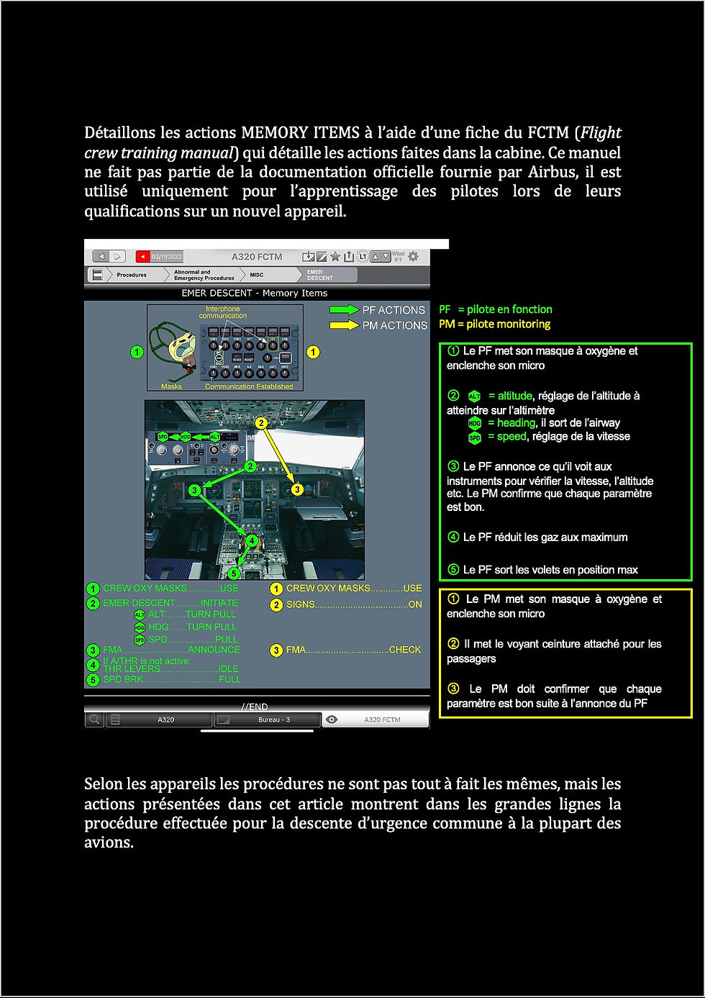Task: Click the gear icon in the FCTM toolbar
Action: pos(413,256)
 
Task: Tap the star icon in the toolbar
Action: pos(335,256)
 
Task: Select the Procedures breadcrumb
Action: pos(131,275)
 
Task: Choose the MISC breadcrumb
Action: pos(257,275)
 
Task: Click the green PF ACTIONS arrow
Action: pos(344,309)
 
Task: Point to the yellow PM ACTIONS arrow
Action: pos(344,325)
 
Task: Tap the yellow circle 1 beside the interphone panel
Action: pos(313,352)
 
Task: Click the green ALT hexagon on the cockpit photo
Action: pos(214,437)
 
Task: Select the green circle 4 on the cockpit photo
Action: pos(252,540)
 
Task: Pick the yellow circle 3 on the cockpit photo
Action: pos(297,489)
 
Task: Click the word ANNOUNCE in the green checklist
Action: pos(214,650)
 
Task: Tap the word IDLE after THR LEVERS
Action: pos(228,668)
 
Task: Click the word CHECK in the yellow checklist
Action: pos(405,650)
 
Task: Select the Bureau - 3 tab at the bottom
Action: pos(274,720)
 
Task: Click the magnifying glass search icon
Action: pos(94,720)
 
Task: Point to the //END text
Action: pos(255,707)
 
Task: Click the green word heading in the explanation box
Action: pos(516,423)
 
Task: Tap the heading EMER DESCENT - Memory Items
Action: pos(255,293)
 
